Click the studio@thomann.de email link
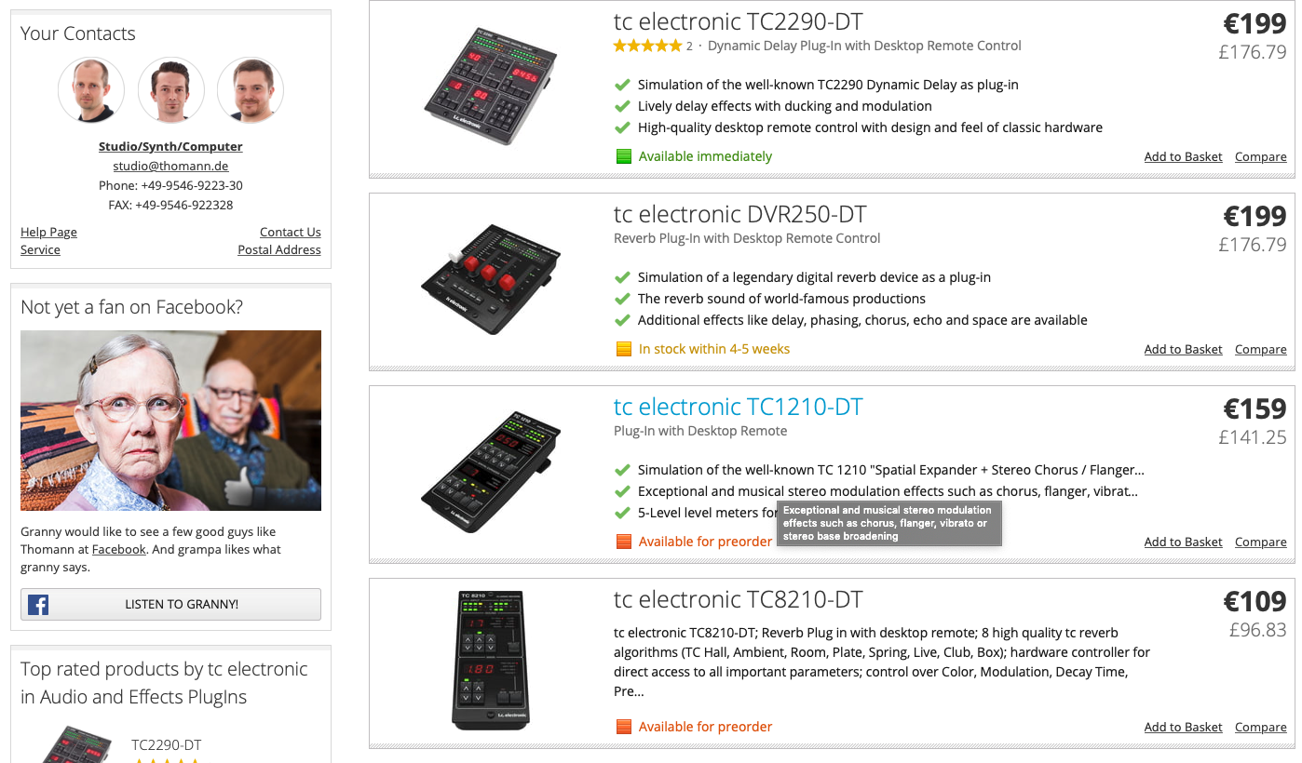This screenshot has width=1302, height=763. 170,166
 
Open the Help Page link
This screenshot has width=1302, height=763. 48,233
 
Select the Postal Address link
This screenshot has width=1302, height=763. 279,249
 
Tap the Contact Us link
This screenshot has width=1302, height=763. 290,233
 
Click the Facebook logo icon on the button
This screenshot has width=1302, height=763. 38,605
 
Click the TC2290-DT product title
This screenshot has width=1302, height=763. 739,22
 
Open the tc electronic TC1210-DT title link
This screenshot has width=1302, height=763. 739,407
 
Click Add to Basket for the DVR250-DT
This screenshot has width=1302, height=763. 1183,349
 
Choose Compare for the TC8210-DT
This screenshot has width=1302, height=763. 1260,727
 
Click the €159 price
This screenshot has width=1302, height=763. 1255,408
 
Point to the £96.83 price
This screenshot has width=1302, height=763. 1257,630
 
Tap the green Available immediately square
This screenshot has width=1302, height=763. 624,156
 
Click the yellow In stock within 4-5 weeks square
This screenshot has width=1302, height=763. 624,349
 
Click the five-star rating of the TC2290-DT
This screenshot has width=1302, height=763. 647,46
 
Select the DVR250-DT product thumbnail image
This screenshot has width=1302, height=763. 491,279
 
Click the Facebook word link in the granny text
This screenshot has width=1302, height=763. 118,549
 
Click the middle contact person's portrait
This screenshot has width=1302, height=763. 170,90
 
